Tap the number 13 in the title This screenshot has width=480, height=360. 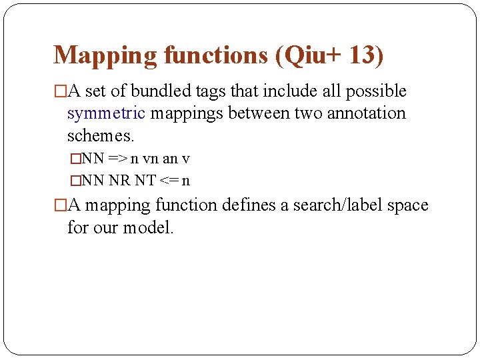(361, 55)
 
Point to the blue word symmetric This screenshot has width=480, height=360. (106, 113)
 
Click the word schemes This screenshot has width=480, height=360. (101, 136)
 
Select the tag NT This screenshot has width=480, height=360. (145, 180)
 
